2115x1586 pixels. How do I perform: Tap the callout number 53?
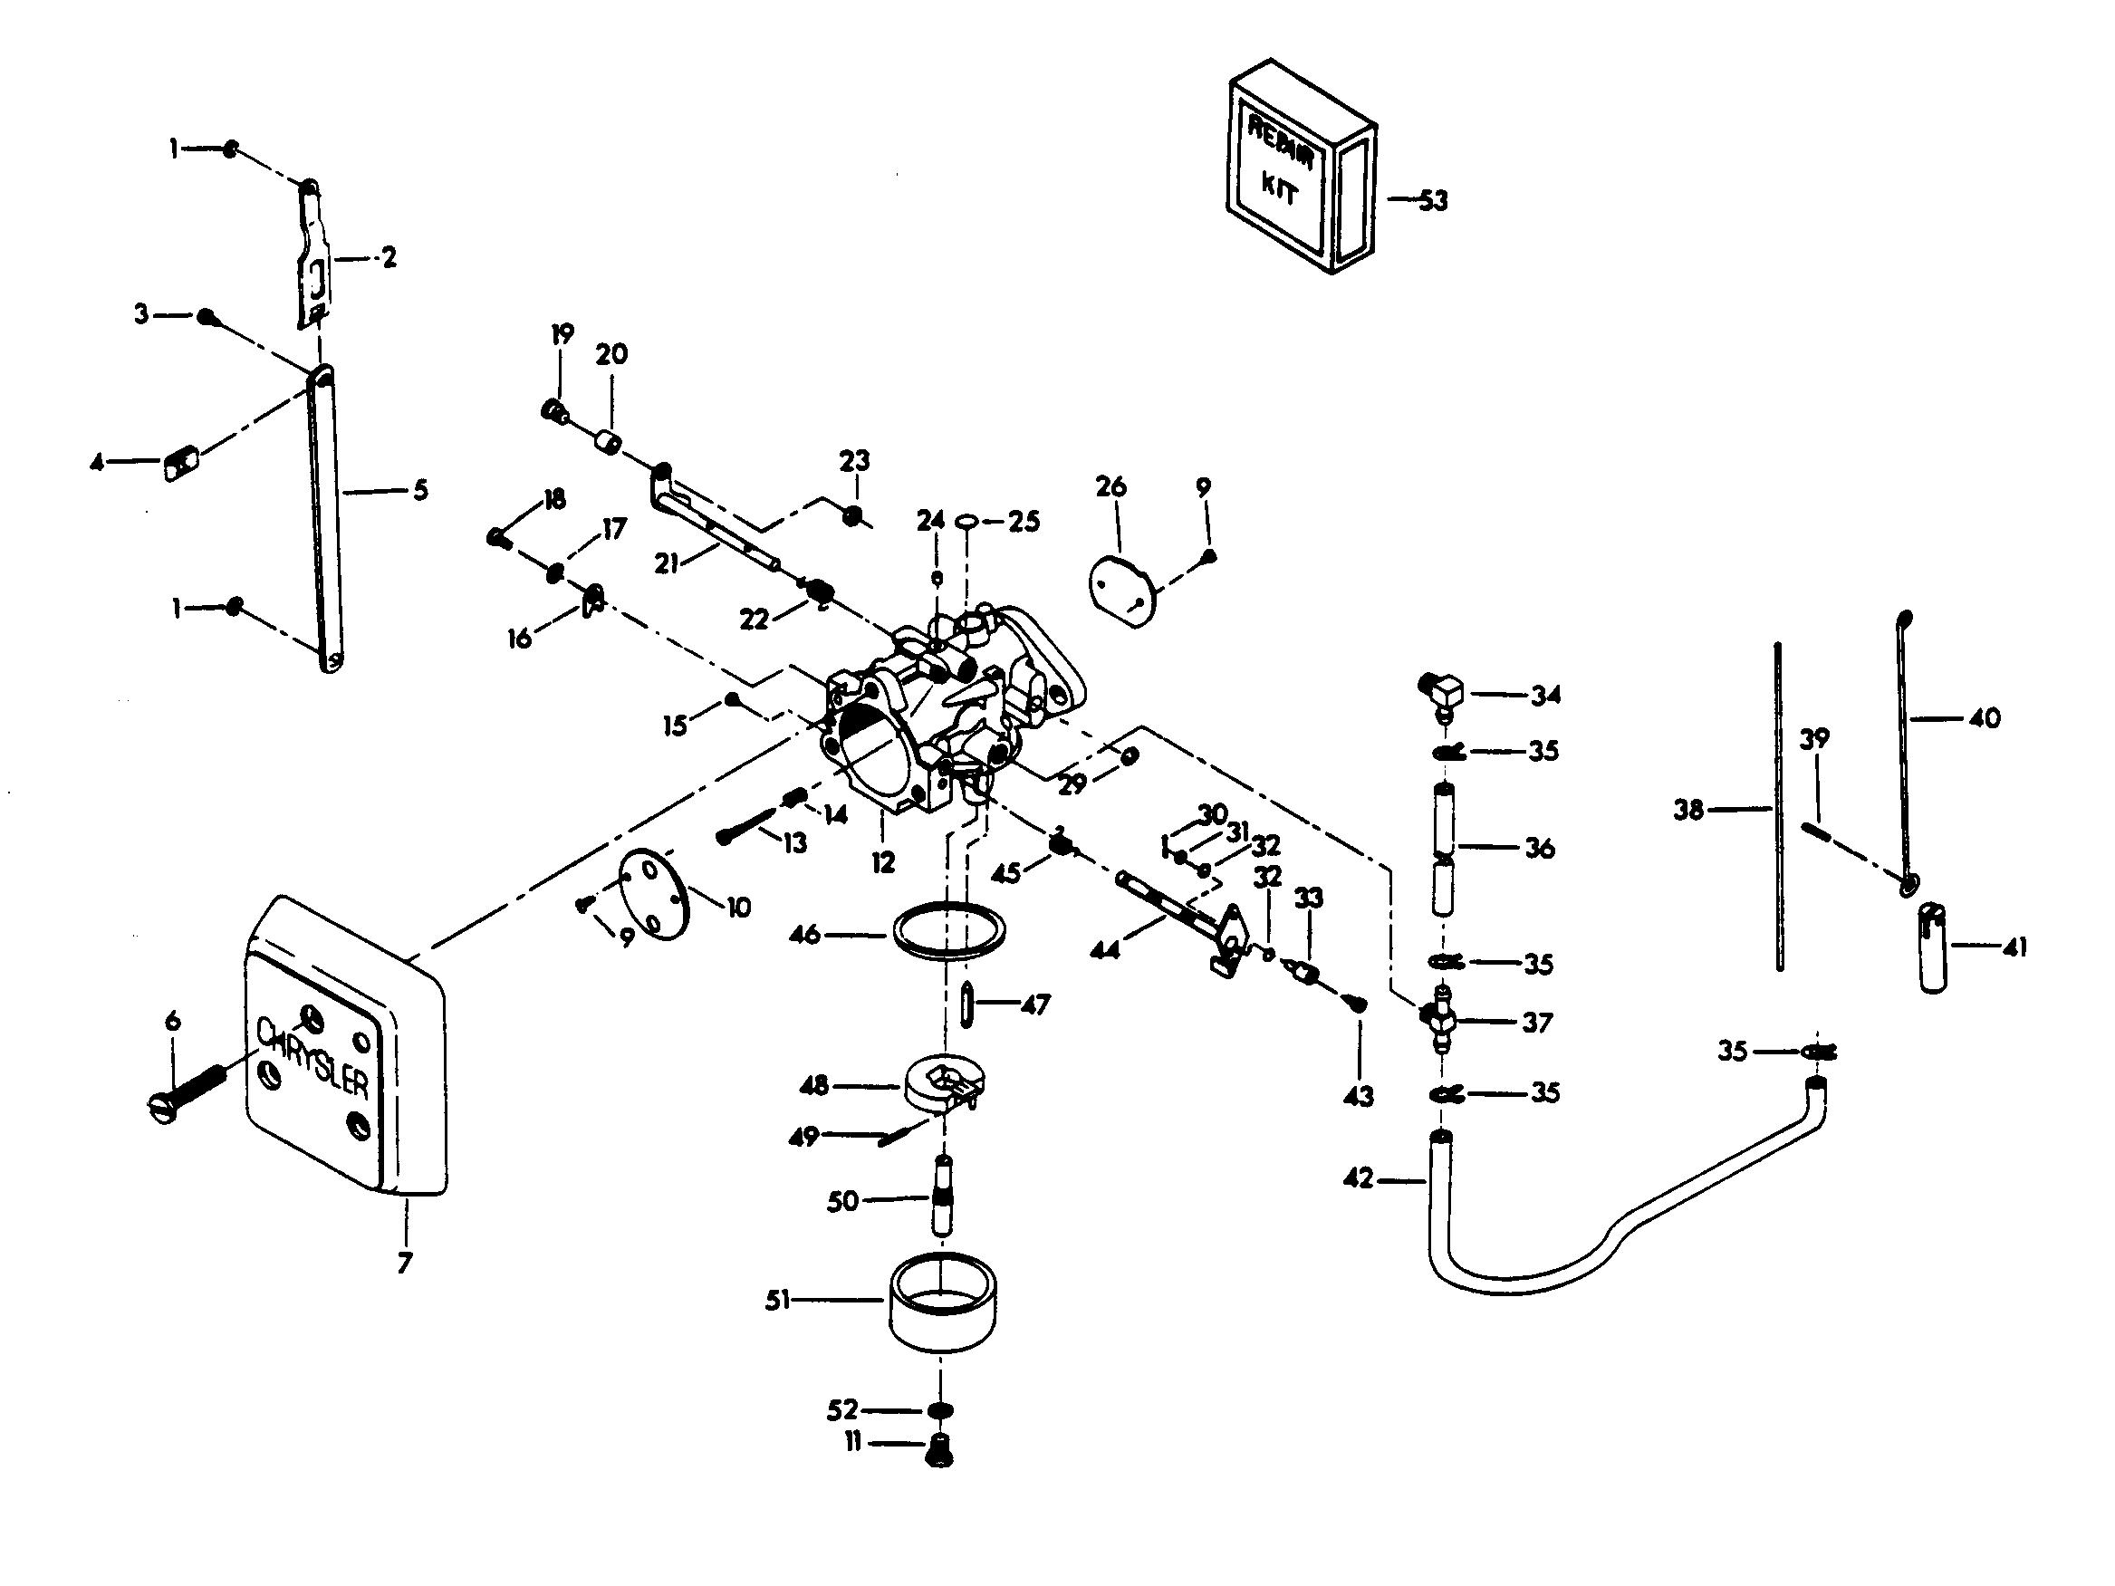click(1432, 201)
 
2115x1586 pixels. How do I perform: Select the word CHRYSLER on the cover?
click(313, 1056)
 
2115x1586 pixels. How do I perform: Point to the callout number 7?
click(405, 1263)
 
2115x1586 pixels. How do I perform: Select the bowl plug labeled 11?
click(940, 1450)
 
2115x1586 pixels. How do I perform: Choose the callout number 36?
click(1540, 848)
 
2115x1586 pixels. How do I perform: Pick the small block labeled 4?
click(181, 466)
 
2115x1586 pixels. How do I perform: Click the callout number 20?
click(612, 354)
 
